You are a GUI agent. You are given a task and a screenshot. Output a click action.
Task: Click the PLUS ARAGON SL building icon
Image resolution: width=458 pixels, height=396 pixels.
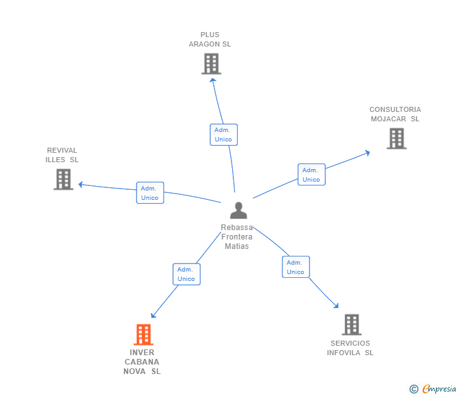pos(211,63)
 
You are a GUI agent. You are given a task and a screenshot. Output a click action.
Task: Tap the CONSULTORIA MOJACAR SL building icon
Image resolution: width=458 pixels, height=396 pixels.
pos(396,138)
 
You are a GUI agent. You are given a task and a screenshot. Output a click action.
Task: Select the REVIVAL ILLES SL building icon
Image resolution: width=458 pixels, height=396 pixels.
pos(63,179)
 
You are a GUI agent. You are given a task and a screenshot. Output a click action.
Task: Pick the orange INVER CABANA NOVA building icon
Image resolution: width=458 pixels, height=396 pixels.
pos(143,334)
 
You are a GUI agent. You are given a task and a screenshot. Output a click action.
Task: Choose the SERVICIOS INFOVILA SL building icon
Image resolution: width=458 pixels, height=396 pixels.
pos(351,324)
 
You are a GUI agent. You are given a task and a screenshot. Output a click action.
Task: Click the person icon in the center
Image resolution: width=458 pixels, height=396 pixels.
pos(238,210)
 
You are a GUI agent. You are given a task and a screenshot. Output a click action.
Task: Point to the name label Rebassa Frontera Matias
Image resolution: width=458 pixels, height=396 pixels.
pos(237,237)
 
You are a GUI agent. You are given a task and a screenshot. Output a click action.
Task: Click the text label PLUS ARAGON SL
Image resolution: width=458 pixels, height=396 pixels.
pos(210,40)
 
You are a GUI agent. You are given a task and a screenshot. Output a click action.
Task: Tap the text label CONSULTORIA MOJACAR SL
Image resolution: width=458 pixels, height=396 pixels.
pos(394,114)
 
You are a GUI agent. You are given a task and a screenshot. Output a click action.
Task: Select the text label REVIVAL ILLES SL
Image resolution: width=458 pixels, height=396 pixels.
pos(62,155)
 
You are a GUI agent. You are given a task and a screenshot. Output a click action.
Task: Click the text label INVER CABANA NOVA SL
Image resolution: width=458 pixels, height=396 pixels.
pos(142,362)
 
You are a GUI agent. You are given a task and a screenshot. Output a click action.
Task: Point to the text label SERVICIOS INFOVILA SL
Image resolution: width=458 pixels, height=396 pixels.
pos(350,348)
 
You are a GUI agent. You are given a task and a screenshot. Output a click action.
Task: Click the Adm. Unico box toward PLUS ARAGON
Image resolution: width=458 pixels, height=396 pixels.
pos(223,135)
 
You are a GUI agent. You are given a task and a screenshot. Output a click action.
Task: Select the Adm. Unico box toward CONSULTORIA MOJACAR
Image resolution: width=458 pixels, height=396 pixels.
pos(311,175)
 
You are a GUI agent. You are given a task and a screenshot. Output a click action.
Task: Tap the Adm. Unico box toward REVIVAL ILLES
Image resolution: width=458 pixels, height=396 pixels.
pos(150,193)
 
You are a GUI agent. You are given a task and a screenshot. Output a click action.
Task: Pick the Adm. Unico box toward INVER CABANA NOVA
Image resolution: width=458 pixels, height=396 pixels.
pos(186,274)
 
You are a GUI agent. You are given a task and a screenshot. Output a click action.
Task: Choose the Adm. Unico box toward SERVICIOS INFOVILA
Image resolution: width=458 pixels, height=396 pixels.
pos(296,267)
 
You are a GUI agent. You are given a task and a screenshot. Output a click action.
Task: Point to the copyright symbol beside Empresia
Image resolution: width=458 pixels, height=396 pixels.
pos(414,389)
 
